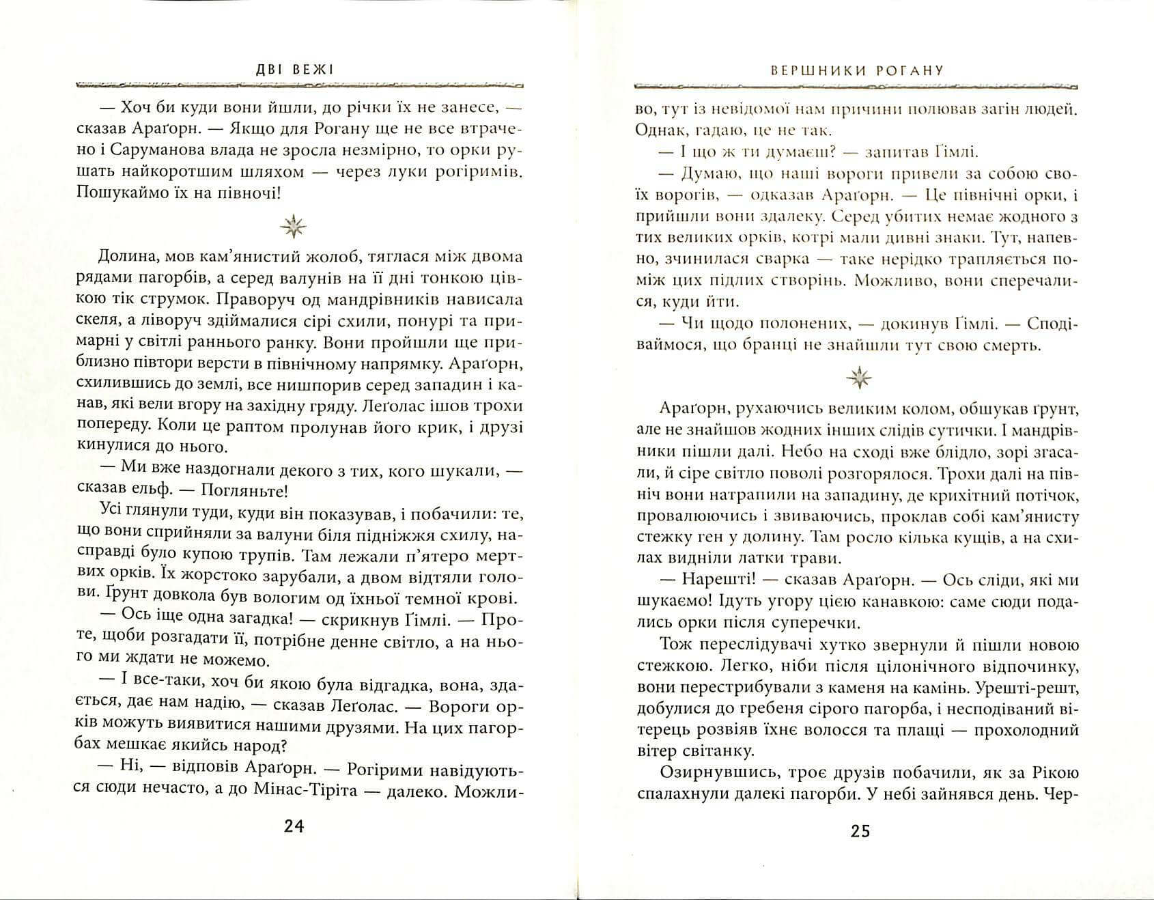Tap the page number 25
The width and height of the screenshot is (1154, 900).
tap(860, 831)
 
